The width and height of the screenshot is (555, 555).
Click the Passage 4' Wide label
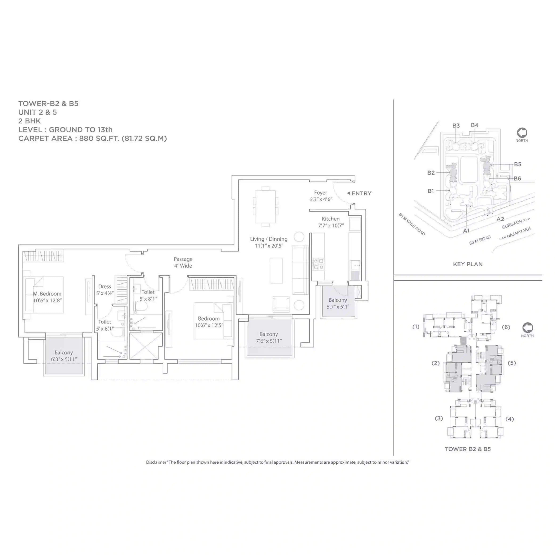pos(183,262)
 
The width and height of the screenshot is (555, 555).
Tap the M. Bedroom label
pos(47,294)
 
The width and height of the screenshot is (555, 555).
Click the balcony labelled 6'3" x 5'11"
pos(64,356)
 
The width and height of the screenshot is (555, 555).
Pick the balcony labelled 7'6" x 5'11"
pos(269,337)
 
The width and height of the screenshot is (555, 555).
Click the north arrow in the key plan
pos(522,133)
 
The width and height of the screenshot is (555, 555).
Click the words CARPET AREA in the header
pos(45,139)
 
